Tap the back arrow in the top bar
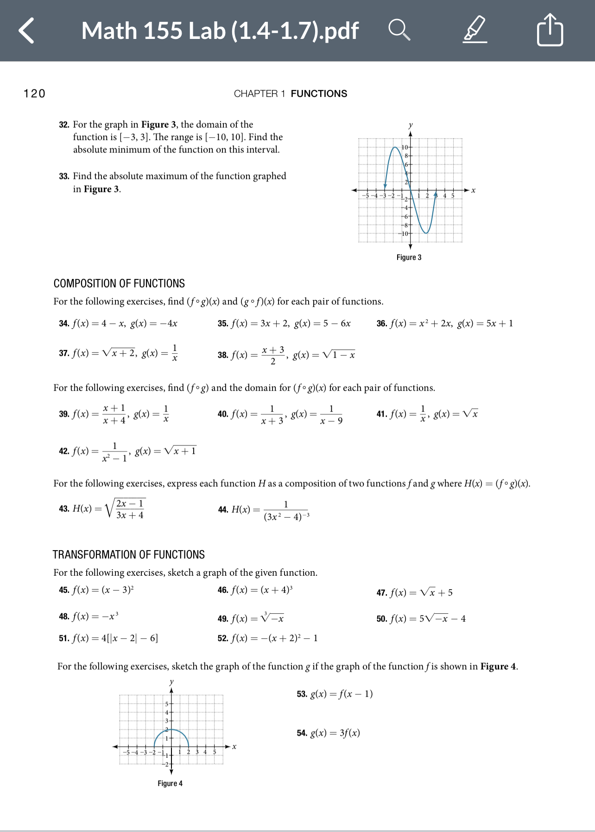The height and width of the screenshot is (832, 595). pos(27,31)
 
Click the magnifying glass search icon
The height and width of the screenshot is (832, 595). pos(399,30)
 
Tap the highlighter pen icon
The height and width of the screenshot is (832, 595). pos(475,30)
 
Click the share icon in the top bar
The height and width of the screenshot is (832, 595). pos(550,30)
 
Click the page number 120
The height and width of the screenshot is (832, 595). pos(34,94)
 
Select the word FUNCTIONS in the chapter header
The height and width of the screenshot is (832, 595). pos(319,94)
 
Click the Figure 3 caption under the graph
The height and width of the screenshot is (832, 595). pos(409,257)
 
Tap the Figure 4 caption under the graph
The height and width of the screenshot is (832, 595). pos(170,783)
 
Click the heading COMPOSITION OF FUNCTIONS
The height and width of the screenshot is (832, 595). pos(119,283)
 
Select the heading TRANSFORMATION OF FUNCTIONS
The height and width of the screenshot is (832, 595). pos(128,554)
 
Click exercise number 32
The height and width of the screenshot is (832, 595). pos(64,125)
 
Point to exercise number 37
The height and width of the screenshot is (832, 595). pos(64,353)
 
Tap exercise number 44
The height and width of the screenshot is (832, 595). pos(223,510)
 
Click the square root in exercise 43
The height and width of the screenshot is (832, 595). pos(126,509)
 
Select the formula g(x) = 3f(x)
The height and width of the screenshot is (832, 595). pos(335,733)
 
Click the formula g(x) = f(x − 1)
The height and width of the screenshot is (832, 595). pos(342,694)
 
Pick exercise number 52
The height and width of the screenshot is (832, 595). pos(223,638)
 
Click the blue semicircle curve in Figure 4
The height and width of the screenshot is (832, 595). pos(171,730)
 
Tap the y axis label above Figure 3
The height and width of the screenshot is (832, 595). pos(411,125)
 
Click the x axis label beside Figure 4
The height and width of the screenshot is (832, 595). pos(234,746)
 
